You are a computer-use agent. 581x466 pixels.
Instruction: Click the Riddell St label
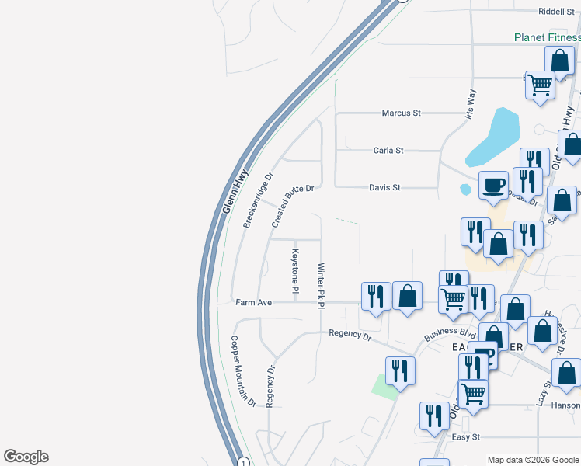point(556,12)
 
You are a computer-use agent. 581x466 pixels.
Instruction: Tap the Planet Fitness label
point(547,37)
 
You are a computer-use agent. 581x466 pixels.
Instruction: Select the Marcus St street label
point(401,113)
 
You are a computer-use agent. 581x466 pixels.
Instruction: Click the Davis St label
point(384,187)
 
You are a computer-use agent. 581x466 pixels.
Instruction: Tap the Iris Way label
point(471,106)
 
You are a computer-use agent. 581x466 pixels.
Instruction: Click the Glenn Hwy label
point(235,193)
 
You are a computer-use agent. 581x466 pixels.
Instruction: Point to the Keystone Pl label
point(295,271)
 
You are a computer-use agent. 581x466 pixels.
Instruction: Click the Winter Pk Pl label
point(320,286)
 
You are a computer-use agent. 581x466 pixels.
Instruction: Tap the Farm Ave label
point(253,302)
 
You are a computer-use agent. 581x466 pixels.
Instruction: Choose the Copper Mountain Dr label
point(242,371)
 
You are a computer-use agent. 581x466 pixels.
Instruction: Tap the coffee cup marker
point(492,186)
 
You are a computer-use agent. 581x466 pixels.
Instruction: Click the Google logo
point(26,457)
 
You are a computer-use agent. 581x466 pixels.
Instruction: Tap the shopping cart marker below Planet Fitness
point(540,84)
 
